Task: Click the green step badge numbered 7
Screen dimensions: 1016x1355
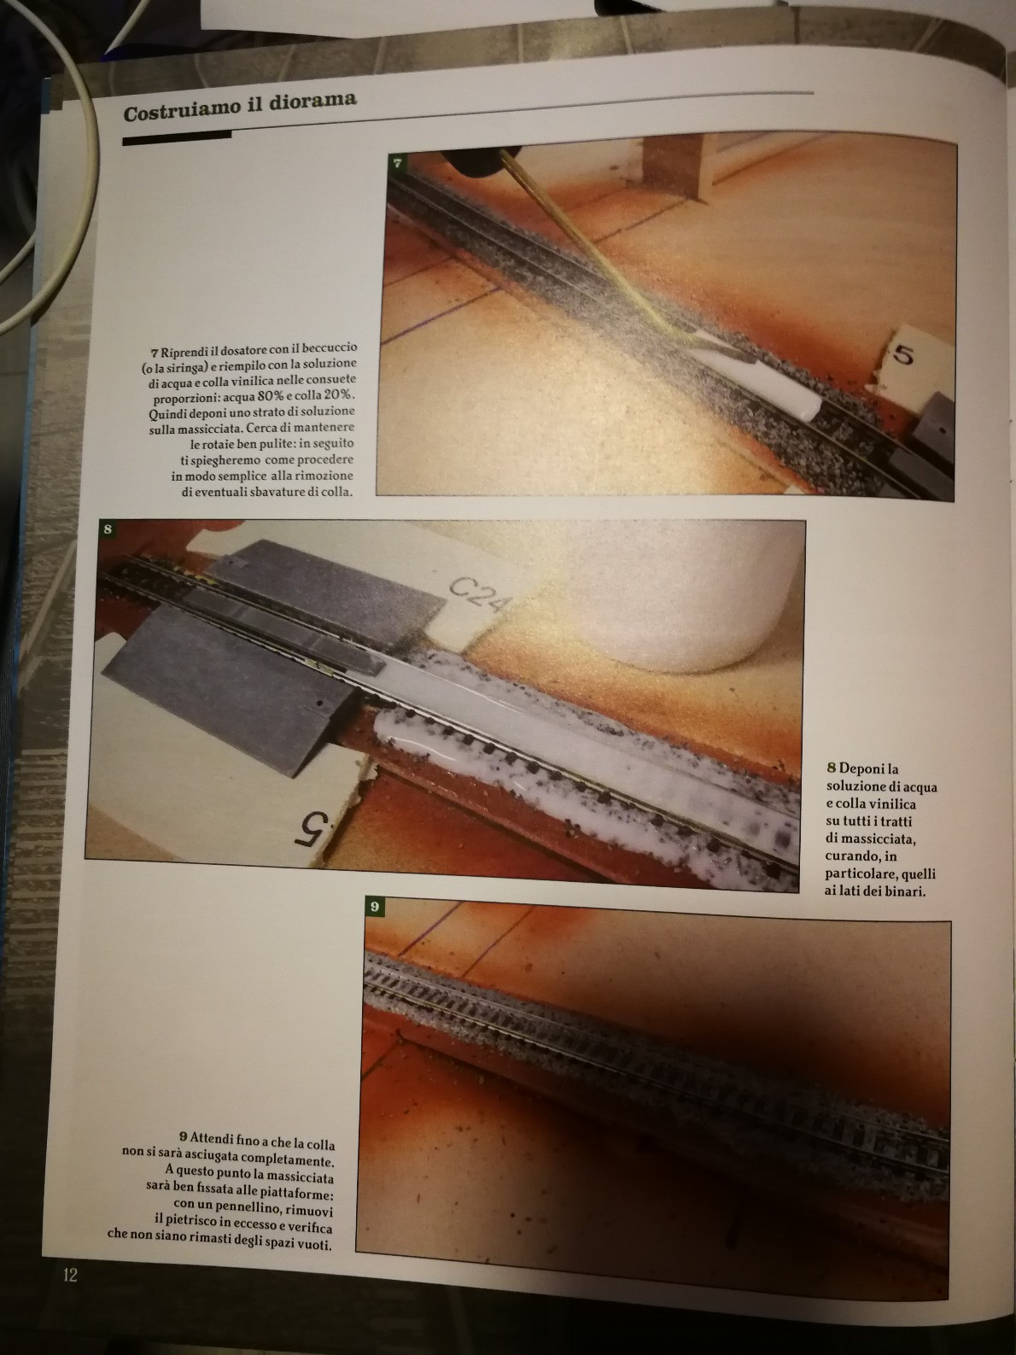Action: [398, 162]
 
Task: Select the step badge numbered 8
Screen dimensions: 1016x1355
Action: [108, 529]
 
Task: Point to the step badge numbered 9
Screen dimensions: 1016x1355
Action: [374, 906]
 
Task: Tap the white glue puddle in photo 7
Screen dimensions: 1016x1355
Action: [764, 380]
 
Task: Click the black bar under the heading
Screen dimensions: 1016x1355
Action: [177, 137]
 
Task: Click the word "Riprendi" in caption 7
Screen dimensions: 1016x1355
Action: [185, 352]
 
